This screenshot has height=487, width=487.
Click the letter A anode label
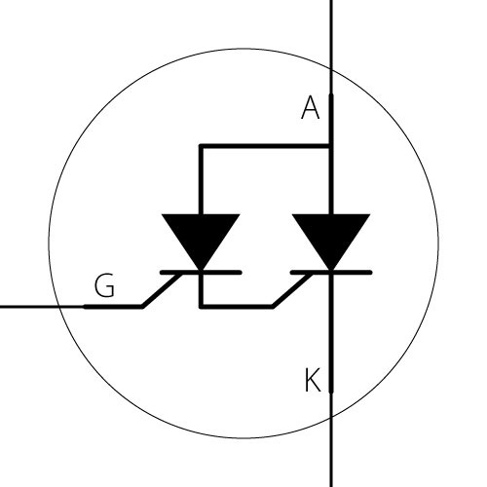click(x=311, y=107)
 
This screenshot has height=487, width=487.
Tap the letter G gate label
click(x=104, y=285)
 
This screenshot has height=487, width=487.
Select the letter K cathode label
click(x=313, y=380)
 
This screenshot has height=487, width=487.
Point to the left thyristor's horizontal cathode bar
click(x=201, y=272)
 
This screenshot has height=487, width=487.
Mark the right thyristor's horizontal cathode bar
click(x=331, y=272)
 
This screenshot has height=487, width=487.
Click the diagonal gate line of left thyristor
click(x=162, y=289)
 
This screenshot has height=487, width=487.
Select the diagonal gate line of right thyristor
click(x=292, y=289)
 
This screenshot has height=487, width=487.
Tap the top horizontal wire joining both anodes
click(x=265, y=146)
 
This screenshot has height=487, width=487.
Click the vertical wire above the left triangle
click(x=202, y=180)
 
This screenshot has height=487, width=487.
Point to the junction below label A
click(x=331, y=146)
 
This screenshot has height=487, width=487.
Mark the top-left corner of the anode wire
click(x=202, y=146)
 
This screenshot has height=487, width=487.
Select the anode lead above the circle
click(x=331, y=34)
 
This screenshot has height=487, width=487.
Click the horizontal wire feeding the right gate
click(x=237, y=307)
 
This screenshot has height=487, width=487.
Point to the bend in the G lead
click(x=143, y=307)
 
